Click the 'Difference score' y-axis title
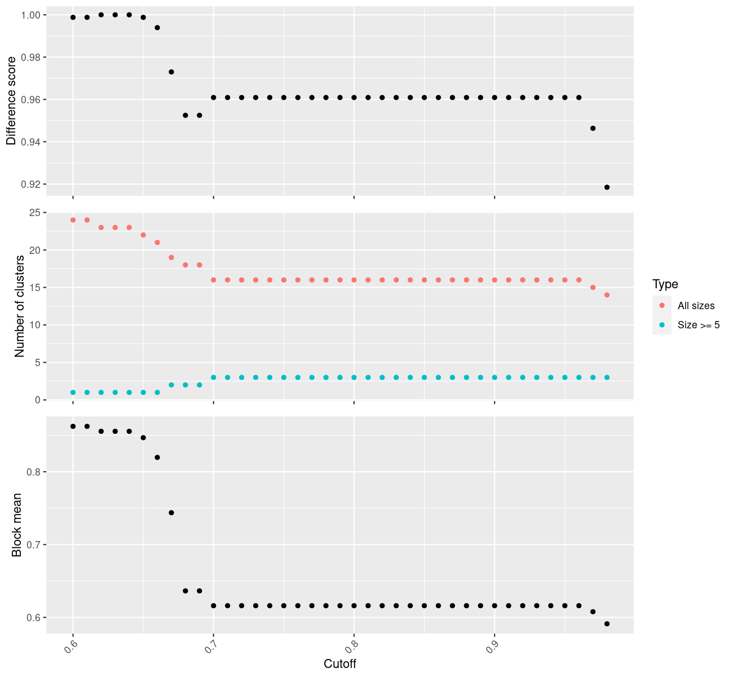(x=11, y=101)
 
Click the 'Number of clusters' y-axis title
(x=20, y=306)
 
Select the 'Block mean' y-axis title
(x=17, y=525)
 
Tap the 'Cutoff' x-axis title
(x=340, y=663)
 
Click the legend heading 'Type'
(x=665, y=284)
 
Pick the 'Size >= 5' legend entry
(x=699, y=325)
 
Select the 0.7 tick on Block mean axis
(x=36, y=544)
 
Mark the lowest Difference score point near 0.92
(x=607, y=187)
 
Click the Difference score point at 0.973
(x=171, y=72)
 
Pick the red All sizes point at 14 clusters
(x=607, y=295)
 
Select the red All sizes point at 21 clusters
(x=157, y=243)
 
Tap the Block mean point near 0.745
(x=171, y=513)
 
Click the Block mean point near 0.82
(x=157, y=458)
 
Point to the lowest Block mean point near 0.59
(x=607, y=624)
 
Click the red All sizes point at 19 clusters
(x=171, y=257)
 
